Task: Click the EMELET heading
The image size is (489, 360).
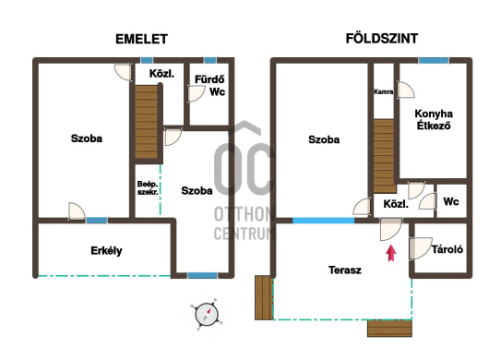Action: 141,40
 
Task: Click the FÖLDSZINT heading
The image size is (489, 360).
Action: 382,39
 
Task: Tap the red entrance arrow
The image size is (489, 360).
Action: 391,253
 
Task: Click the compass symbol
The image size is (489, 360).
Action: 206,314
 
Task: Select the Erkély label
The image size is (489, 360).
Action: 106,251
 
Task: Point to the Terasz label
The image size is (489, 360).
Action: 345,270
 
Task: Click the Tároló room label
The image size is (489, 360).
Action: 447,249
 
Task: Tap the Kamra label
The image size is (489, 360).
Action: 384,91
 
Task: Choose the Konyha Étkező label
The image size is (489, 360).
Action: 434,119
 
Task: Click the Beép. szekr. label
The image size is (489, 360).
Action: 148,188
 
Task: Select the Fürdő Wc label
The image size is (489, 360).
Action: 209,86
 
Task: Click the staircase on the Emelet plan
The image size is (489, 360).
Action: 146,122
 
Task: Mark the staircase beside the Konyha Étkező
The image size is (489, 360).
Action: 384,156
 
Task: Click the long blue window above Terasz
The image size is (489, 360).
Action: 324,221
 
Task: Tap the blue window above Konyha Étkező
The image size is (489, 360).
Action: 434,60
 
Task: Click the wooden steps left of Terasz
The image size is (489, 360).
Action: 264,297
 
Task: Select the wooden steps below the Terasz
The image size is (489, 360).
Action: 389,329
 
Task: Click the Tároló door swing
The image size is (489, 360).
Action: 421,248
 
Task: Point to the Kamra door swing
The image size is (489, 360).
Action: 405,90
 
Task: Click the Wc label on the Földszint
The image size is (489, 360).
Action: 451,201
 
